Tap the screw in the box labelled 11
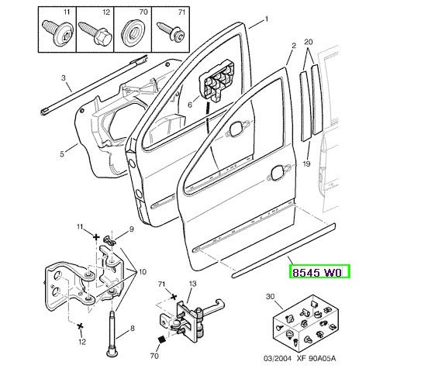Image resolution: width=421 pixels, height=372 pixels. (x=57, y=33)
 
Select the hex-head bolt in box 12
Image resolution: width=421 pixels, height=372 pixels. (x=95, y=33)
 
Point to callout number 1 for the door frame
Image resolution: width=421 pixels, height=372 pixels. (x=267, y=19)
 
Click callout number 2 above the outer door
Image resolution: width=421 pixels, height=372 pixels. (x=294, y=46)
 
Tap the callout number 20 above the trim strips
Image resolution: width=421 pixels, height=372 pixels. (x=309, y=42)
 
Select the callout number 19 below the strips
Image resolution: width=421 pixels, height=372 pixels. (x=307, y=164)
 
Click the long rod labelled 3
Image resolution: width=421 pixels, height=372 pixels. (x=94, y=85)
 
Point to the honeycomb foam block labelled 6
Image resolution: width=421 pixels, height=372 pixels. (x=216, y=81)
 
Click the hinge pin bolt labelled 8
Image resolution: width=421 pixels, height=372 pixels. (x=112, y=333)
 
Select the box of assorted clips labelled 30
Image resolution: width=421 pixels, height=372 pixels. (x=305, y=322)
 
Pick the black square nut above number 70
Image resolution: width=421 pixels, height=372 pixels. (x=161, y=339)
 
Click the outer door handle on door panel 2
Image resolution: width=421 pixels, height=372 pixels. (x=279, y=172)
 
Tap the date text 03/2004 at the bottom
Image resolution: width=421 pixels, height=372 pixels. (x=277, y=358)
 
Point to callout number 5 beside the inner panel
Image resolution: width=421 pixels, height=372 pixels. (x=62, y=154)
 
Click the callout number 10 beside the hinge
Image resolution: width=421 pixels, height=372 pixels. (x=143, y=272)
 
